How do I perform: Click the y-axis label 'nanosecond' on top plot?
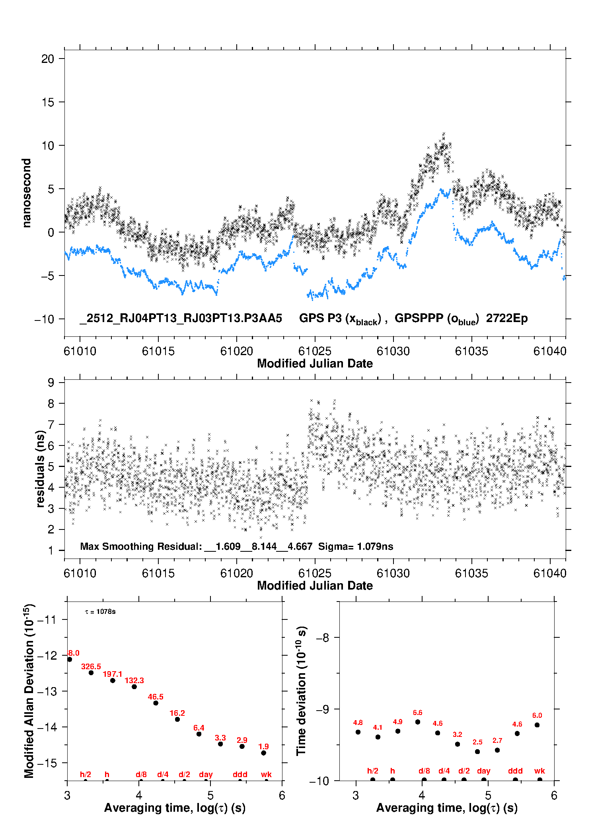tap(26, 193)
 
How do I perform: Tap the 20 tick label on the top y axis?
tap(47, 59)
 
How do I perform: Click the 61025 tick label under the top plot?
tap(315, 352)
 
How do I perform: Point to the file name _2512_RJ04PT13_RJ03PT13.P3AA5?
tap(181, 318)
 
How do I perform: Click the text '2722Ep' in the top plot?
tap(507, 318)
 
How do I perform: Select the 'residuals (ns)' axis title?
tap(40, 469)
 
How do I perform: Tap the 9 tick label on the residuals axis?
tap(51, 383)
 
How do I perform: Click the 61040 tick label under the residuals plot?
tap(550, 574)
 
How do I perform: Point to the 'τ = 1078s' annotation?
tap(100, 612)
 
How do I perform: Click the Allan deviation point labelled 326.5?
tap(91, 673)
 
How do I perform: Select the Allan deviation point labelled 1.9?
tap(263, 753)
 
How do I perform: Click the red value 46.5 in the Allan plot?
tap(156, 697)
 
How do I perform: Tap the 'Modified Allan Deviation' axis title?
tap(29, 691)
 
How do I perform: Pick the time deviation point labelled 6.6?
tap(418, 722)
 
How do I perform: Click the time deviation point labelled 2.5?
tap(477, 752)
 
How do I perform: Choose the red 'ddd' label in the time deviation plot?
tap(515, 771)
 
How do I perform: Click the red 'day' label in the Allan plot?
tap(206, 774)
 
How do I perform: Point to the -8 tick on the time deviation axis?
tap(322, 638)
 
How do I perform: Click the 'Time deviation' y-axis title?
tap(301, 691)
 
